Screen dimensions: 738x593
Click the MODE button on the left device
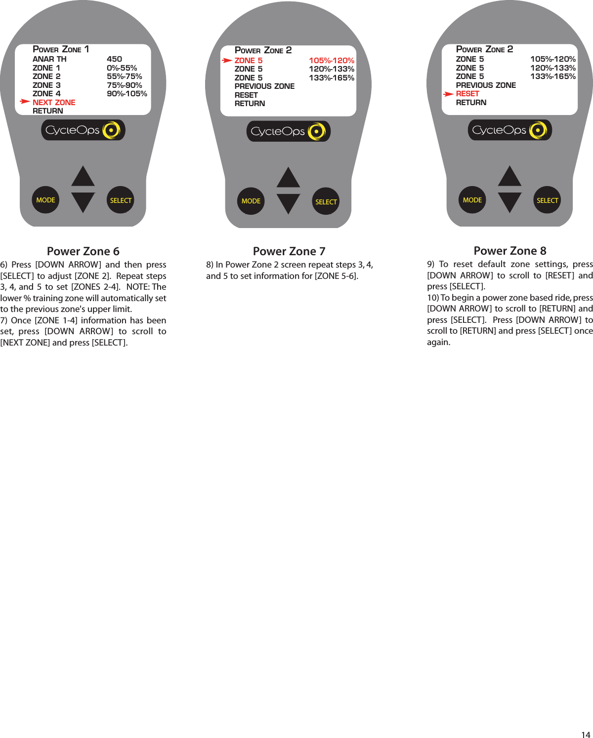(45, 200)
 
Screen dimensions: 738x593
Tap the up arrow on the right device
(509, 177)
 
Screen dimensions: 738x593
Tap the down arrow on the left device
(83, 202)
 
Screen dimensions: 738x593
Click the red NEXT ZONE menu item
(54, 102)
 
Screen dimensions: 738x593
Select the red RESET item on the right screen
(467, 94)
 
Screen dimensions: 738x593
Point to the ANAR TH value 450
(114, 59)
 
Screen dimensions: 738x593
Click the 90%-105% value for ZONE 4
(127, 94)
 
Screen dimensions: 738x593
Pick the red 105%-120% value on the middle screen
(332, 61)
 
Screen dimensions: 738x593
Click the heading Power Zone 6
(83, 251)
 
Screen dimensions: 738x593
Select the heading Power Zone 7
(289, 251)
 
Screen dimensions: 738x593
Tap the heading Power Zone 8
(510, 251)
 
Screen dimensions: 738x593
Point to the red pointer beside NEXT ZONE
(25, 102)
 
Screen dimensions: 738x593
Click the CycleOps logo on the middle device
(288, 131)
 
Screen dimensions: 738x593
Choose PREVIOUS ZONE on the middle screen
(264, 86)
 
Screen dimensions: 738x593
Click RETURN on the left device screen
(48, 111)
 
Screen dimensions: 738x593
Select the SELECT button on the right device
(547, 200)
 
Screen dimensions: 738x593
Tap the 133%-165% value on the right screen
(553, 77)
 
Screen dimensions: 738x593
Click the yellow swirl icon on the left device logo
(111, 130)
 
